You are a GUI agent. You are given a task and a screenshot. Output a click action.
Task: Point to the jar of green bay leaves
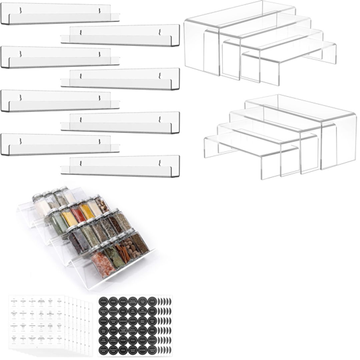pos(113,258)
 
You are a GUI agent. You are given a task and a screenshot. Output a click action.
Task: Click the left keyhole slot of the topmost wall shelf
pos(21,10)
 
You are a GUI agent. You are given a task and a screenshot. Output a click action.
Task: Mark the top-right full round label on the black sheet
pos(152,301)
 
